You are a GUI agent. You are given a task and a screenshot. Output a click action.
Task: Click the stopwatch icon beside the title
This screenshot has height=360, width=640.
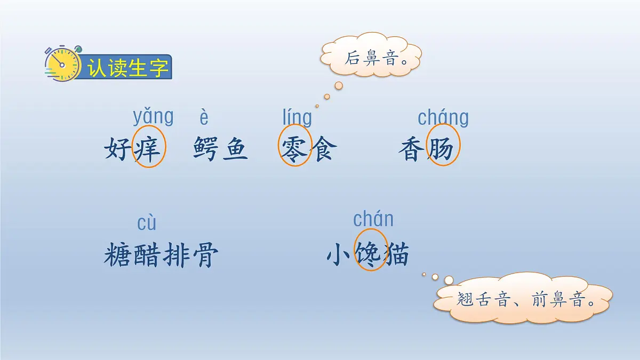(x=62, y=64)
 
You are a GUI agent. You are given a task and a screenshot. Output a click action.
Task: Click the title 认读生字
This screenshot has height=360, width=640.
(x=128, y=68)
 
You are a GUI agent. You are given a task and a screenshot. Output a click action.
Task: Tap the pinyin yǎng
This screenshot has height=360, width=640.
(x=153, y=117)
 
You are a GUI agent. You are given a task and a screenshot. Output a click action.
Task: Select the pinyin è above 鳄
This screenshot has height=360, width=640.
(x=204, y=117)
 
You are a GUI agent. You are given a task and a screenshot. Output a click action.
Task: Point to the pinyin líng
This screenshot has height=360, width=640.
(x=297, y=117)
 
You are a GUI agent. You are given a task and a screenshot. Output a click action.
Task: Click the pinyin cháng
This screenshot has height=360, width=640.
(x=443, y=117)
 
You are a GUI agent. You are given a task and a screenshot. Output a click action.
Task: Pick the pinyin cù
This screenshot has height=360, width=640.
(x=147, y=223)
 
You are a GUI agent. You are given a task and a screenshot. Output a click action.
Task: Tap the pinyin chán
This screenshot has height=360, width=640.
(x=373, y=219)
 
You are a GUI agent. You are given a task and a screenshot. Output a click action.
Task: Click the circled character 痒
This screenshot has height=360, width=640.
(x=149, y=149)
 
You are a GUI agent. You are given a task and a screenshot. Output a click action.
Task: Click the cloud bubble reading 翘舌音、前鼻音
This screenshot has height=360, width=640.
(x=525, y=298)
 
